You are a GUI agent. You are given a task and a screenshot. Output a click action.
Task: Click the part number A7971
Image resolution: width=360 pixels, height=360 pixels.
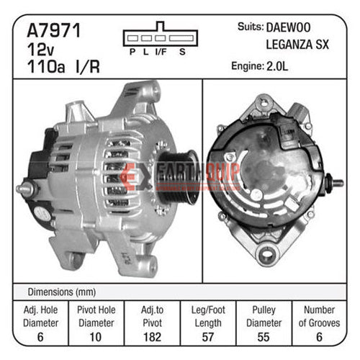tap(54, 30)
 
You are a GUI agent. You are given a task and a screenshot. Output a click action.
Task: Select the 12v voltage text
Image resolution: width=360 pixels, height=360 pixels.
tap(40, 50)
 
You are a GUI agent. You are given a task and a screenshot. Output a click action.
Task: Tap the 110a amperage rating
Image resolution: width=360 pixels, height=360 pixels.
tap(46, 66)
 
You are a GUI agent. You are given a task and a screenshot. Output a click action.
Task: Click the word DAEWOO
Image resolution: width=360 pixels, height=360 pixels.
tap(288, 27)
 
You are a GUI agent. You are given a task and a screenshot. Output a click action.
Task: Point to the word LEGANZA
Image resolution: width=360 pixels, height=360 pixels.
tap(289, 45)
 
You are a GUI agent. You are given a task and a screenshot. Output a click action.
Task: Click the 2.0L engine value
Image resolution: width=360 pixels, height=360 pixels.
tap(277, 66)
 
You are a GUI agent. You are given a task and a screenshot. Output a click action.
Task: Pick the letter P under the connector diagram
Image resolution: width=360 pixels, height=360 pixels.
tap(132, 52)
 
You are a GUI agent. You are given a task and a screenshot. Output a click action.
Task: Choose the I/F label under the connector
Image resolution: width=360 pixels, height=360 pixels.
tap(161, 52)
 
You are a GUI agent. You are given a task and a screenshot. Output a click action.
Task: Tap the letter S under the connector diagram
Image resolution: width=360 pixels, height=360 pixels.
tap(182, 52)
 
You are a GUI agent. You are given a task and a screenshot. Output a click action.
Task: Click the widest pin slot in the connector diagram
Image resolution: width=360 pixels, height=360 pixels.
tap(181, 38)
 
